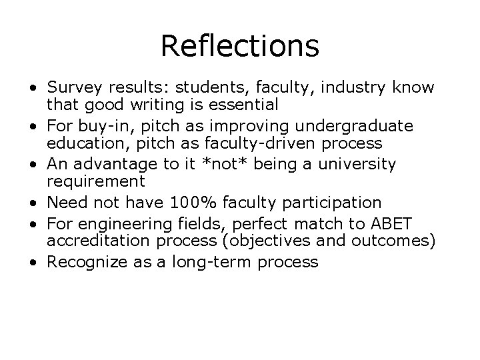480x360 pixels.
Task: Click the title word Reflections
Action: coord(240,46)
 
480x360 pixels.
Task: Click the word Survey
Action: coord(73,87)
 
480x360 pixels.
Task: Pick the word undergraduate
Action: coord(357,126)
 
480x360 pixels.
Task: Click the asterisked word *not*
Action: coord(219,164)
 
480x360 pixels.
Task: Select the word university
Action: coord(361,164)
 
